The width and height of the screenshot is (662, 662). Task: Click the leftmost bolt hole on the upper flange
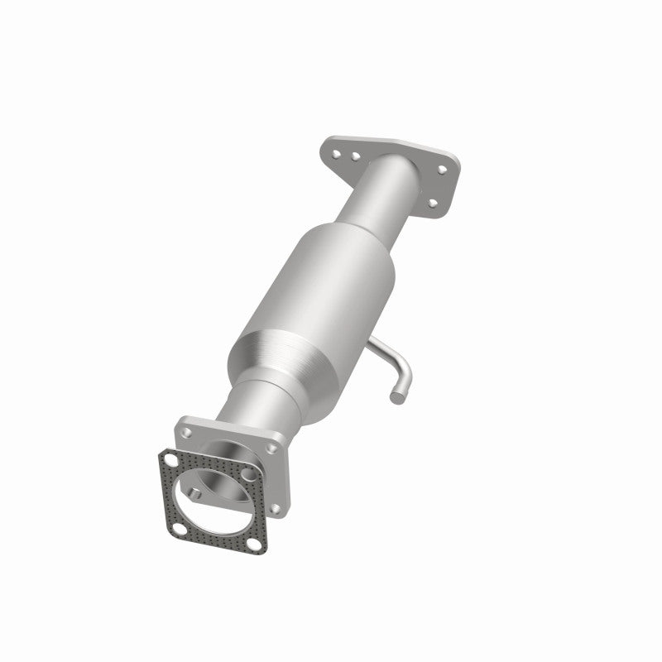click(x=336, y=151)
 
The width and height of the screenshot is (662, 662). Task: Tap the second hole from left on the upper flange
click(x=353, y=155)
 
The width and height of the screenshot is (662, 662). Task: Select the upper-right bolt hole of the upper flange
click(x=442, y=169)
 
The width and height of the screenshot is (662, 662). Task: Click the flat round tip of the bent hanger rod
click(x=396, y=399)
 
